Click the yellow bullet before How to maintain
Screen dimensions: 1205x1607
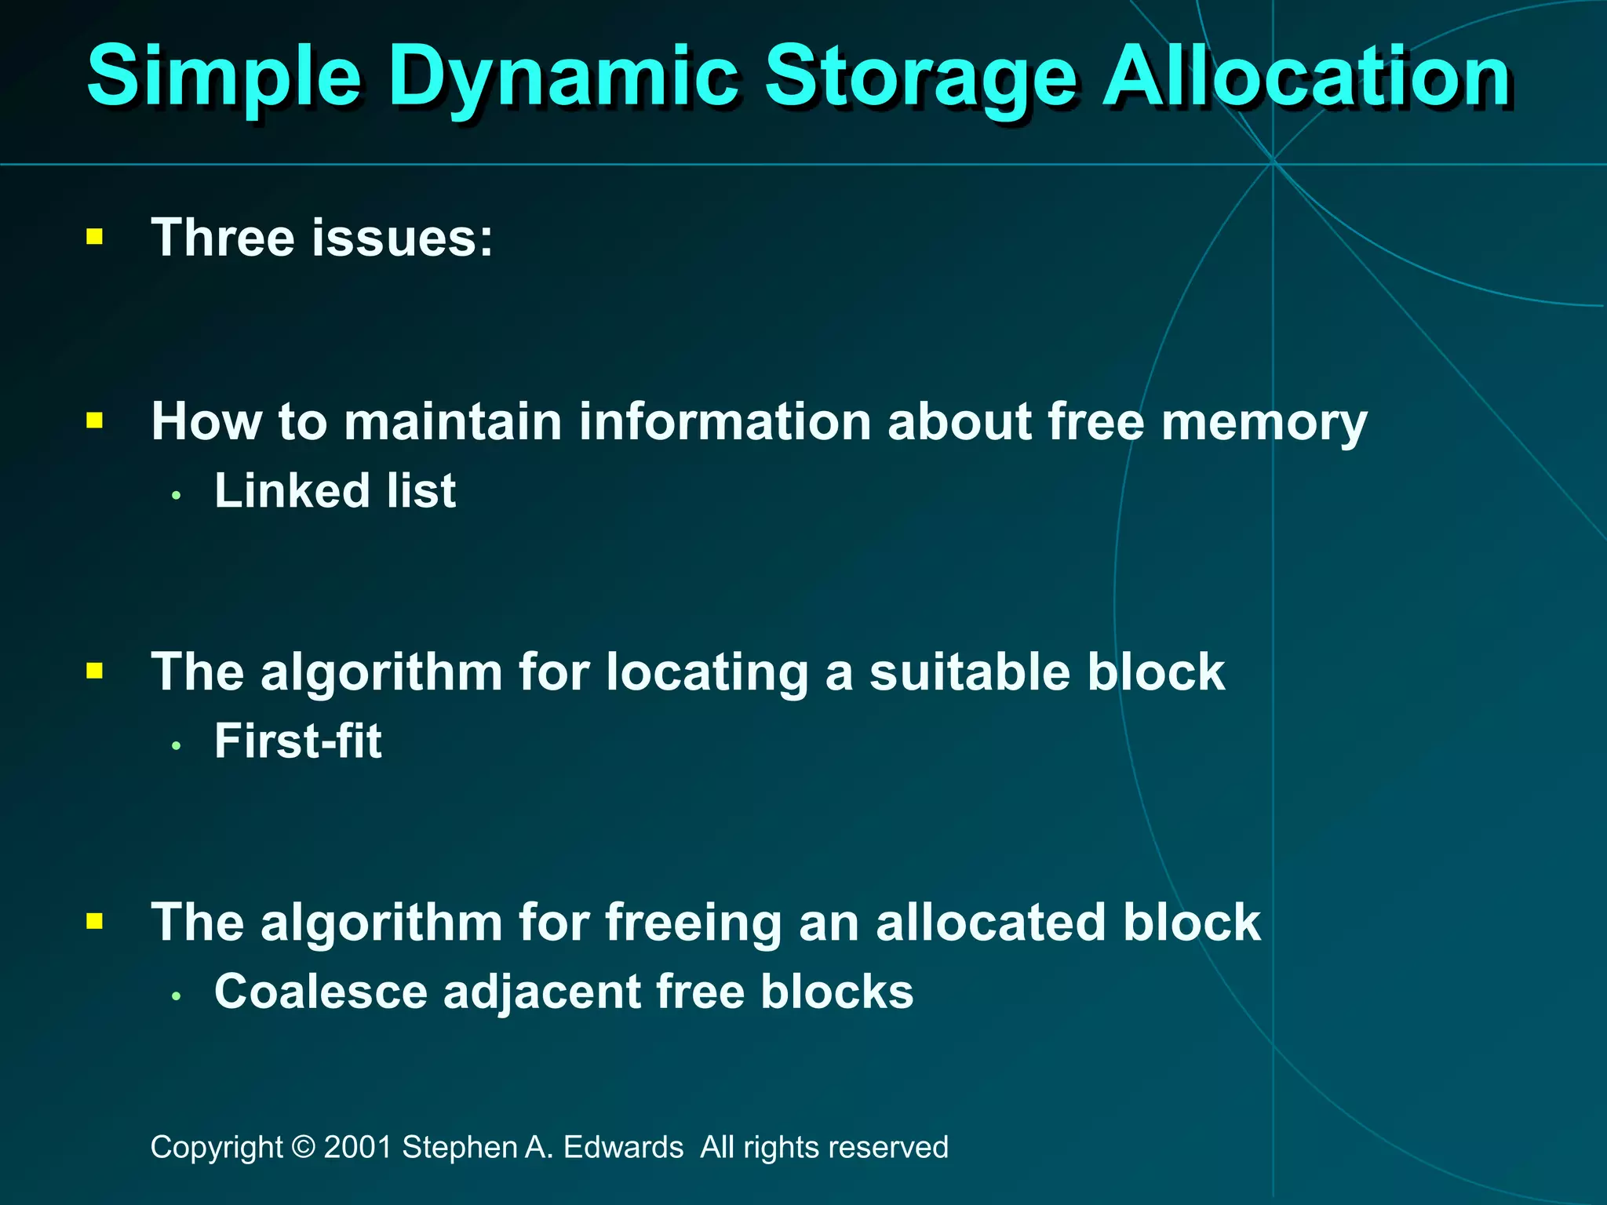pyautogui.click(x=95, y=421)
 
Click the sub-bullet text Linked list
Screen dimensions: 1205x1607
pyautogui.click(x=335, y=491)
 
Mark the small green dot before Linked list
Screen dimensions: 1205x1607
pyautogui.click(x=177, y=496)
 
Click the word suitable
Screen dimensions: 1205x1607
pyautogui.click(x=969, y=672)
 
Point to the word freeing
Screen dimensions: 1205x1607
pyautogui.click(x=694, y=923)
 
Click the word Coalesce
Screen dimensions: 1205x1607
pyautogui.click(x=321, y=992)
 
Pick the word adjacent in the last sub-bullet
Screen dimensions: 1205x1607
pyautogui.click(x=542, y=993)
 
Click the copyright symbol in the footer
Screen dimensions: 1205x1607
pyautogui.click(x=303, y=1148)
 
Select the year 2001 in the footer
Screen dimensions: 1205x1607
pyautogui.click(x=358, y=1148)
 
